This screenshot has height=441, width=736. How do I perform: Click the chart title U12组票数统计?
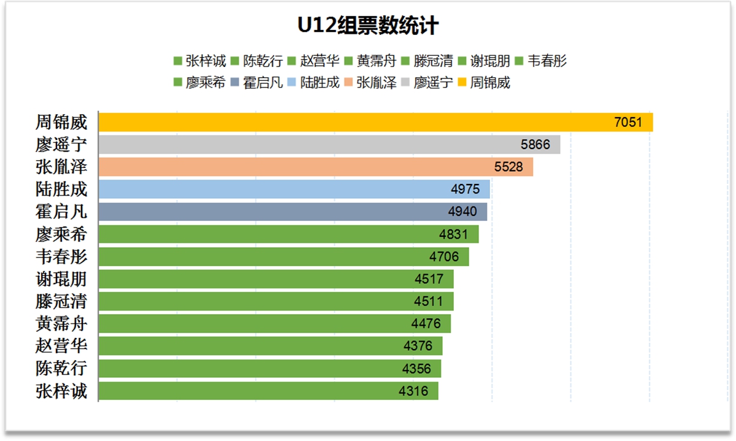pyautogui.click(x=368, y=26)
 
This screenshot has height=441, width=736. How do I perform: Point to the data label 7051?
pyautogui.click(x=628, y=122)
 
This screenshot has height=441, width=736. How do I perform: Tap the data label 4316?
pyautogui.click(x=413, y=391)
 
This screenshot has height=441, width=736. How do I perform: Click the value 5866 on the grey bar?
pyautogui.click(x=535, y=145)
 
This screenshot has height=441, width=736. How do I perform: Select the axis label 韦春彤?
pyautogui.click(x=61, y=256)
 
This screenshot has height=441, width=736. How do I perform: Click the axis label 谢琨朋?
pyautogui.click(x=61, y=279)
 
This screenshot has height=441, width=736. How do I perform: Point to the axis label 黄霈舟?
pyautogui.click(x=61, y=324)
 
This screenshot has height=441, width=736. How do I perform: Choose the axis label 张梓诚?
pyautogui.click(x=61, y=391)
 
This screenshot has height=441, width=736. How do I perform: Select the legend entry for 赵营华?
pyautogui.click(x=320, y=61)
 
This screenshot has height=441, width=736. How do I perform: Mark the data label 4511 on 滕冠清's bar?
pyautogui.click(x=428, y=301)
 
